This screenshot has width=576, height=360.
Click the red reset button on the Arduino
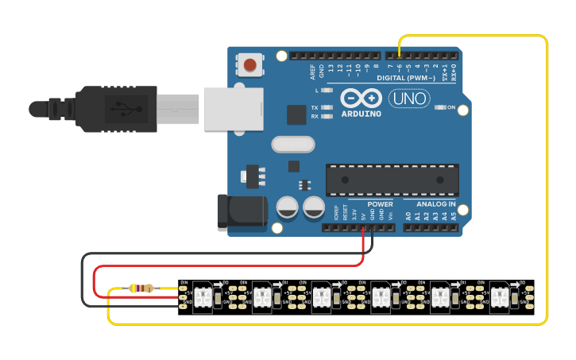[x=250, y=64]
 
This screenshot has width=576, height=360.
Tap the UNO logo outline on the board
[x=409, y=99]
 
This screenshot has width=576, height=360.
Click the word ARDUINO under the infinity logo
[x=361, y=114]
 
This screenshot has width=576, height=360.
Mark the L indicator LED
[x=327, y=91]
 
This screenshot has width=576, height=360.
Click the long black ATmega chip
[x=392, y=180]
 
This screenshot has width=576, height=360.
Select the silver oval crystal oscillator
[x=293, y=144]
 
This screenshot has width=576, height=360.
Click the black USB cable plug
[x=119, y=109]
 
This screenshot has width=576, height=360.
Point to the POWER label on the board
[x=380, y=204]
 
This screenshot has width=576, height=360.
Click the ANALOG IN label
[x=435, y=204]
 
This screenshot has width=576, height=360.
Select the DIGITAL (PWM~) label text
[x=405, y=78]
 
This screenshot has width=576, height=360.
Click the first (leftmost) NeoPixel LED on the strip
[x=203, y=296]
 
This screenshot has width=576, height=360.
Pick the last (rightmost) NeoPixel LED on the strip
[x=501, y=296]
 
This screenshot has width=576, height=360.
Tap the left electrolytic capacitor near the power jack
[x=288, y=208]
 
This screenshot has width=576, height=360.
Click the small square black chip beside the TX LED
[x=296, y=114]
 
